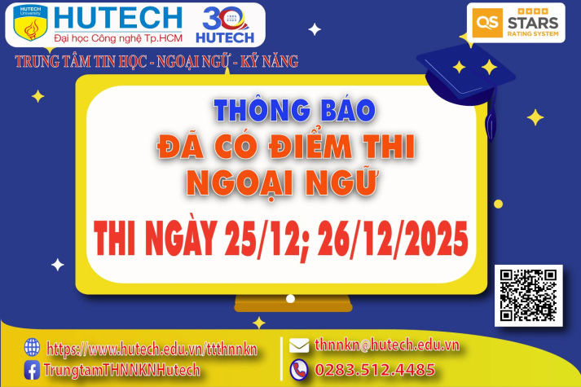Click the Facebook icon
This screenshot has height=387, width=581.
(33, 371)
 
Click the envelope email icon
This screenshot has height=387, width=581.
(298, 345)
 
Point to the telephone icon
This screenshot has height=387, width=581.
(298, 369)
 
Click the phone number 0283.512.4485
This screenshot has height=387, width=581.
(375, 370)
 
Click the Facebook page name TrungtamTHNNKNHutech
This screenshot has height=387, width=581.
(123, 371)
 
